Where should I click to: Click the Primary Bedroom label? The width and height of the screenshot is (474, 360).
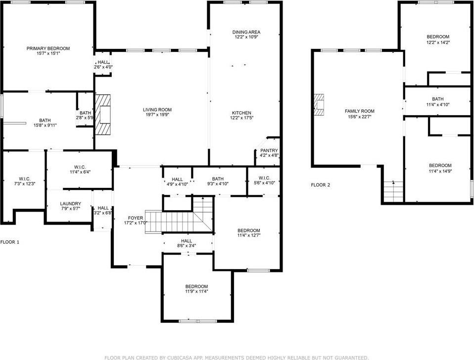48,48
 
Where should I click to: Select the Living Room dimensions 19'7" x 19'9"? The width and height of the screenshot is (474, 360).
157,116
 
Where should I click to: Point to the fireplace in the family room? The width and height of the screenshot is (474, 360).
321,105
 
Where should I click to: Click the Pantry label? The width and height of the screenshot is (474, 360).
269,150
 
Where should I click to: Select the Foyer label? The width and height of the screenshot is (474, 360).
136,218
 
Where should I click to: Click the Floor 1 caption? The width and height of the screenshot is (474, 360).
10,242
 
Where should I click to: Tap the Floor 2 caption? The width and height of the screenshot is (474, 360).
320,185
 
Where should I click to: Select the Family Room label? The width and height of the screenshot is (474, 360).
360,111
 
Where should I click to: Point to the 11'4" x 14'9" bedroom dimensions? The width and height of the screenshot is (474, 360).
440,171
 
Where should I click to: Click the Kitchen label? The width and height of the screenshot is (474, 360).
241,113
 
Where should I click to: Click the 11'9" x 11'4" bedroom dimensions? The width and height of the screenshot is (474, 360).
196,292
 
